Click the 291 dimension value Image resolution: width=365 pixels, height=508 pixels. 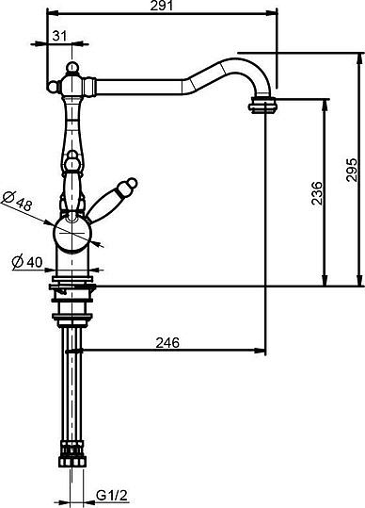point(162,6)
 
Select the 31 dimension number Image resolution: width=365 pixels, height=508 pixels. point(59,36)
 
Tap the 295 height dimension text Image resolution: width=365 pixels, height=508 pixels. point(352,170)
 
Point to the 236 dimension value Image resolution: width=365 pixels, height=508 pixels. point(317,193)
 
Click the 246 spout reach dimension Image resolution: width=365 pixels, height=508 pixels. point(167,342)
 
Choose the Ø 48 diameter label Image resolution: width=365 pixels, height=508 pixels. point(18,201)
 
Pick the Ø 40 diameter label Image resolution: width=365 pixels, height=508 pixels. point(27,262)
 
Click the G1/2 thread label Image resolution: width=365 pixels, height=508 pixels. point(112,496)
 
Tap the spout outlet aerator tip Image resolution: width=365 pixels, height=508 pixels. point(264,106)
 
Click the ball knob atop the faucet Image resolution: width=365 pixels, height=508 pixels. point(72,68)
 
